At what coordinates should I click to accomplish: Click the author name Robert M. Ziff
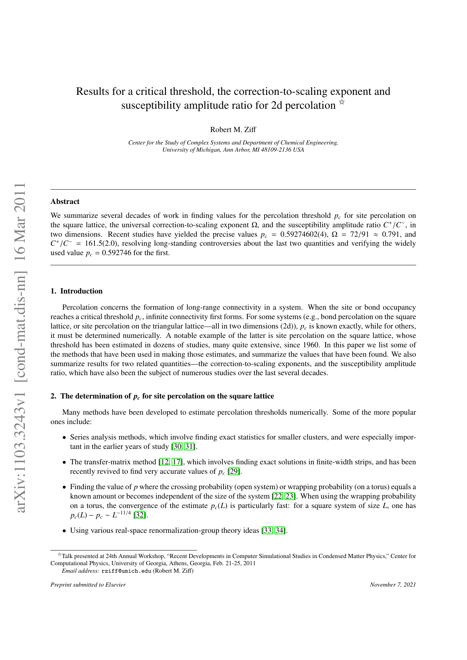click(233, 130)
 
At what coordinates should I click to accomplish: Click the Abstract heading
click(65, 202)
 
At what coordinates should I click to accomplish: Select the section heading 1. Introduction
click(76, 291)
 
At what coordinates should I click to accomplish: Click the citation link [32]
click(140, 515)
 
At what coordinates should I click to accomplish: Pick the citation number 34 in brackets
click(280, 531)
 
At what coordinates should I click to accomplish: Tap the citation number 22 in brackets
click(278, 496)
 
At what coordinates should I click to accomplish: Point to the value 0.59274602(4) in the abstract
click(304, 234)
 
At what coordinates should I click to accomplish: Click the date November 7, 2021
click(393, 585)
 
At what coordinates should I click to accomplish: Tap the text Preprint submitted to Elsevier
click(88, 585)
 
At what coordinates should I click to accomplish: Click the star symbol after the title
click(342, 102)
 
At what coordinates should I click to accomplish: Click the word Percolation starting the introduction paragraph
click(80, 307)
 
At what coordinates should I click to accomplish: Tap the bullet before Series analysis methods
click(65, 438)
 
